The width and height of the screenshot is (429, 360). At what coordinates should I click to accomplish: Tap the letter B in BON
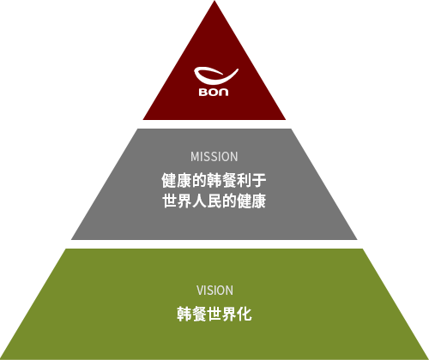(203, 92)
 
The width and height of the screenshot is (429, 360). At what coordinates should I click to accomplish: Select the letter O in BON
(214, 92)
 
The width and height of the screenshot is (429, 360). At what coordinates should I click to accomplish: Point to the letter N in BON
(224, 92)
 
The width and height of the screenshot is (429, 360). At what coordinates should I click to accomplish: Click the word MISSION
(214, 157)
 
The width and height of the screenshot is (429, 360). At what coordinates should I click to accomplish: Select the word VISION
(214, 291)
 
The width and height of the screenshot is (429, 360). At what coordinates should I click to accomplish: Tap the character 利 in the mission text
(244, 181)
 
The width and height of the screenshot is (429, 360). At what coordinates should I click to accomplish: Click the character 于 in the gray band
(259, 181)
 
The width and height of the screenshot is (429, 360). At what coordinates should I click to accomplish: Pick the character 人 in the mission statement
(199, 201)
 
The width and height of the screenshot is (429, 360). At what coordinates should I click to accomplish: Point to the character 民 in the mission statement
(214, 201)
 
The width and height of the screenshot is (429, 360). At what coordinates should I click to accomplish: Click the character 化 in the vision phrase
(244, 314)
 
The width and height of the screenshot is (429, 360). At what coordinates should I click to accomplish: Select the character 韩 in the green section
(184, 314)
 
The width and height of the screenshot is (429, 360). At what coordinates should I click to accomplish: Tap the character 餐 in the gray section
(229, 181)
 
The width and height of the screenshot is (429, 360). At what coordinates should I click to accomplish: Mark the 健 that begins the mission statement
(170, 181)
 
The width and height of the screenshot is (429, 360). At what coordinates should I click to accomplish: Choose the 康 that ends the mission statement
(259, 201)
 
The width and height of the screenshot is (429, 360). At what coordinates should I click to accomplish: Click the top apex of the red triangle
(214, 1)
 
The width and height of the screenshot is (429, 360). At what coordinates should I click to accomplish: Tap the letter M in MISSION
(195, 157)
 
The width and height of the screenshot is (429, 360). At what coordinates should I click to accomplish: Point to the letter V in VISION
(200, 291)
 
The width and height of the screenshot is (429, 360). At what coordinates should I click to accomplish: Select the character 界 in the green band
(229, 314)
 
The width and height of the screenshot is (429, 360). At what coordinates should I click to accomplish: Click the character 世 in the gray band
(170, 201)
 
